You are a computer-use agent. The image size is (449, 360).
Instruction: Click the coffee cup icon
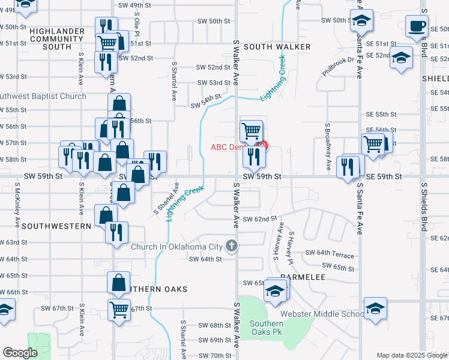[417, 26]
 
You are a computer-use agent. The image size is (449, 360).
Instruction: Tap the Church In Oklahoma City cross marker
[232, 245]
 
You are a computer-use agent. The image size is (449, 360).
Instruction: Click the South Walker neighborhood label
[277, 47]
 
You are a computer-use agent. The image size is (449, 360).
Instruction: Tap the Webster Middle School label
[322, 314]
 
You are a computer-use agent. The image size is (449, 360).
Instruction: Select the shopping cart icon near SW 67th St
[119, 310]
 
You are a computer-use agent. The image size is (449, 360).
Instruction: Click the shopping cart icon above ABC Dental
[251, 130]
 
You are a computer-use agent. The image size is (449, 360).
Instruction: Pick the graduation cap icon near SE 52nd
[401, 58]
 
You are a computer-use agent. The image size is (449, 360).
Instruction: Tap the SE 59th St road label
[382, 176]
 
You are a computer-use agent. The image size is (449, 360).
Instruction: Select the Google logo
[20, 353]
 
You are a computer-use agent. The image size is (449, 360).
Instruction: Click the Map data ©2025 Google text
[412, 355]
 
